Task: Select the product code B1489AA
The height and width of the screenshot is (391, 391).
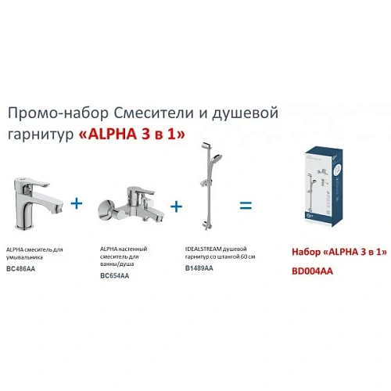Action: point(199,267)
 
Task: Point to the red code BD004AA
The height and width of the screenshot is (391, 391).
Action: point(310,267)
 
